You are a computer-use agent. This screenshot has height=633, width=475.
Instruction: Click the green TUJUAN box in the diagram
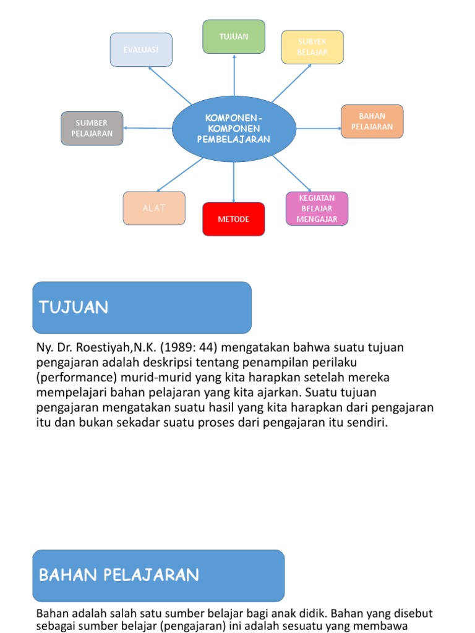[234, 36]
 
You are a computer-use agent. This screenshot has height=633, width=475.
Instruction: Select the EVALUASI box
[141, 49]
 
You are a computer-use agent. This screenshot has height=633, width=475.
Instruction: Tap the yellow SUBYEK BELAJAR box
[312, 47]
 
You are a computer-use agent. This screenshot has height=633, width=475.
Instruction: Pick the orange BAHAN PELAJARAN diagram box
[372, 121]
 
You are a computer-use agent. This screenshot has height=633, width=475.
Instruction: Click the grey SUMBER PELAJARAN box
[92, 128]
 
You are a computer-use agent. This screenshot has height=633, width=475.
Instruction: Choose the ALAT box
[154, 208]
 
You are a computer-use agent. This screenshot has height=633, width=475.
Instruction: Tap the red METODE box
[234, 219]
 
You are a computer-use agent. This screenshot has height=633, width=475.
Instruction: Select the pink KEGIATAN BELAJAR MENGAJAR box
[317, 208]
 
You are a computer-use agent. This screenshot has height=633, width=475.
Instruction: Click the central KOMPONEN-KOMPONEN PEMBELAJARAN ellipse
[234, 129]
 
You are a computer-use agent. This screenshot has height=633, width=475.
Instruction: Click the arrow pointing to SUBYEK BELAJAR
[291, 83]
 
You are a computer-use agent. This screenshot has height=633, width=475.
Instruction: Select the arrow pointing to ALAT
[179, 174]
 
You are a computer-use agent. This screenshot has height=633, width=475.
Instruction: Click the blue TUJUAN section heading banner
[142, 307]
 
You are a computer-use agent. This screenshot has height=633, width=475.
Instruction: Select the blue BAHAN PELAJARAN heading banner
[158, 576]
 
